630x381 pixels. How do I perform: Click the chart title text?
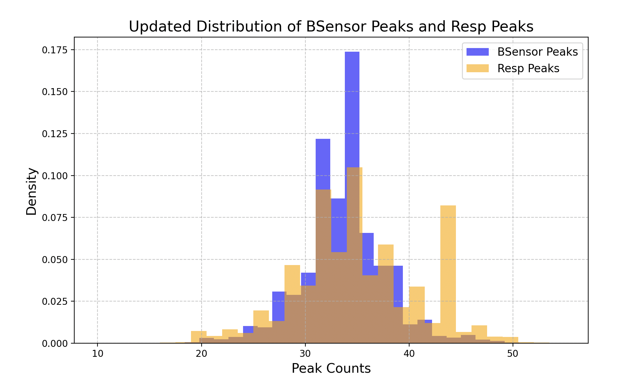(x=331, y=27)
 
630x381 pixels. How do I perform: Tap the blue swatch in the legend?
(x=477, y=52)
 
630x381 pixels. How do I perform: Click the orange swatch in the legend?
(x=477, y=69)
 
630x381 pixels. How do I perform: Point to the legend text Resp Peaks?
(x=528, y=69)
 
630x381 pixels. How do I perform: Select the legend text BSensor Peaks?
(x=537, y=52)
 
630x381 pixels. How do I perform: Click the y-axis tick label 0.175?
(x=54, y=50)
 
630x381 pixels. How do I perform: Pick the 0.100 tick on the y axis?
(x=54, y=176)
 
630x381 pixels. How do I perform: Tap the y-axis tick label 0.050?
(x=54, y=259)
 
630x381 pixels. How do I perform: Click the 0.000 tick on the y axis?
(x=54, y=344)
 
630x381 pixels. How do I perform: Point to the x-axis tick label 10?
(x=97, y=354)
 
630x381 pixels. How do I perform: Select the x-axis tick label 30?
(x=305, y=354)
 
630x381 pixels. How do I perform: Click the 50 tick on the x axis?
(x=513, y=354)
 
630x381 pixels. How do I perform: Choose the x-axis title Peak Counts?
(x=331, y=368)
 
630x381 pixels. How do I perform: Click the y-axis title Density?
(x=32, y=191)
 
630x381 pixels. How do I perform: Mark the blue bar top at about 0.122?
(x=323, y=140)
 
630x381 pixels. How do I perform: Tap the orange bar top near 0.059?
(x=386, y=245)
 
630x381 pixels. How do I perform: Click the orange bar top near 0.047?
(x=292, y=266)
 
